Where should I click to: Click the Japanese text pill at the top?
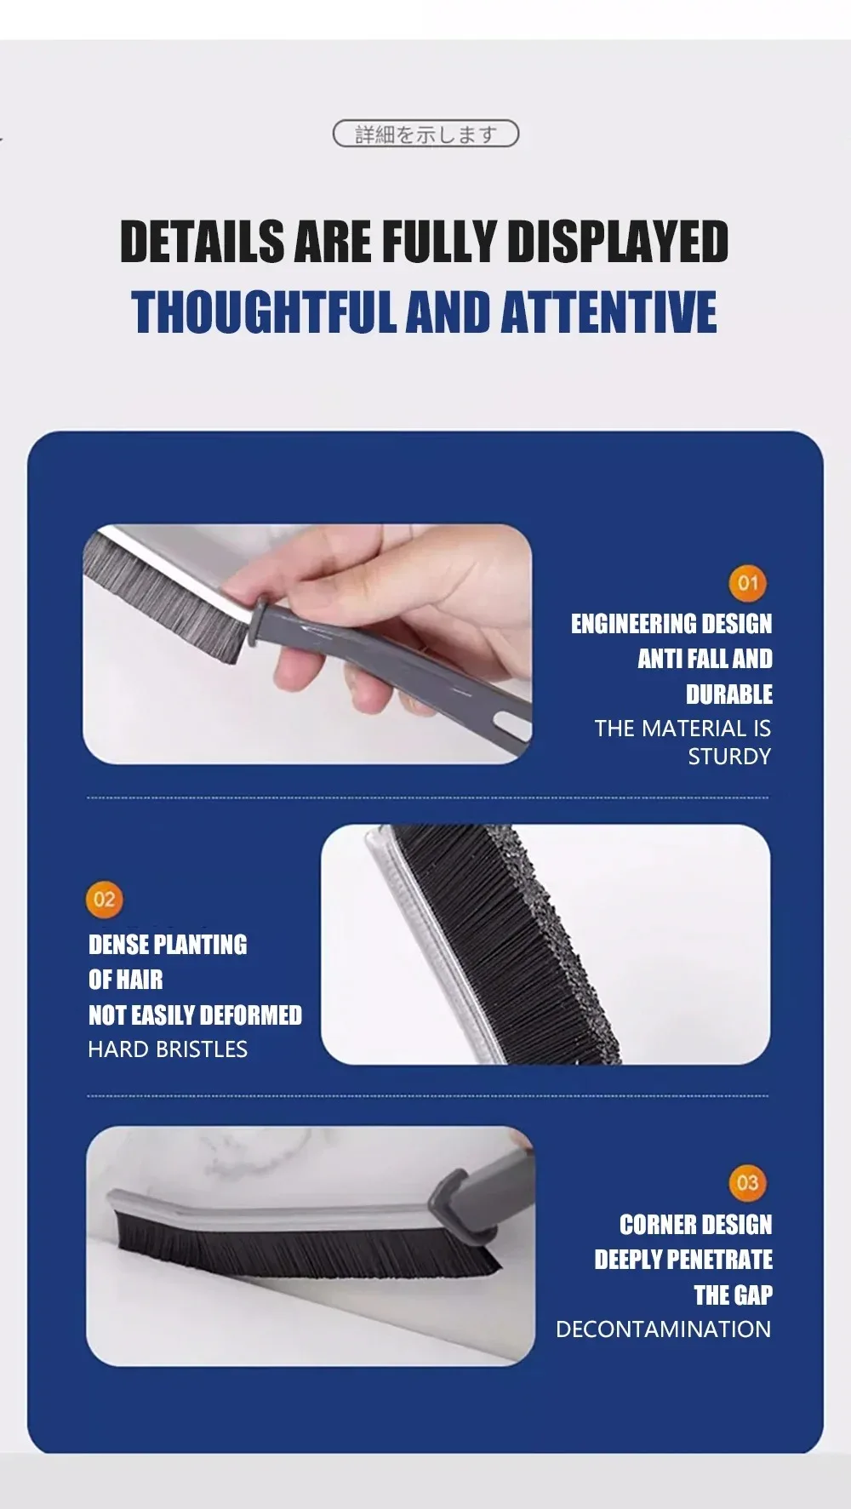425,134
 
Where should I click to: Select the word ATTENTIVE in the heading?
608,312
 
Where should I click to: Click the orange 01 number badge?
747,583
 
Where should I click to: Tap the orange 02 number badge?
105,900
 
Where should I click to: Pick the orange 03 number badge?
747,1182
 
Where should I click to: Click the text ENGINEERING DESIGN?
671,624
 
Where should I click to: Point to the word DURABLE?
729,694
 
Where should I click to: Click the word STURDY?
729,756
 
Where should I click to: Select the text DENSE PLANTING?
168,945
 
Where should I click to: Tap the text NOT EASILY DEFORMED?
195,1015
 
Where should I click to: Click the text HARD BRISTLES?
168,1049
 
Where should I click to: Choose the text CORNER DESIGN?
696,1225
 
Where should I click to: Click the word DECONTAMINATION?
663,1329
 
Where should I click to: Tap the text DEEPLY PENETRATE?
683,1260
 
